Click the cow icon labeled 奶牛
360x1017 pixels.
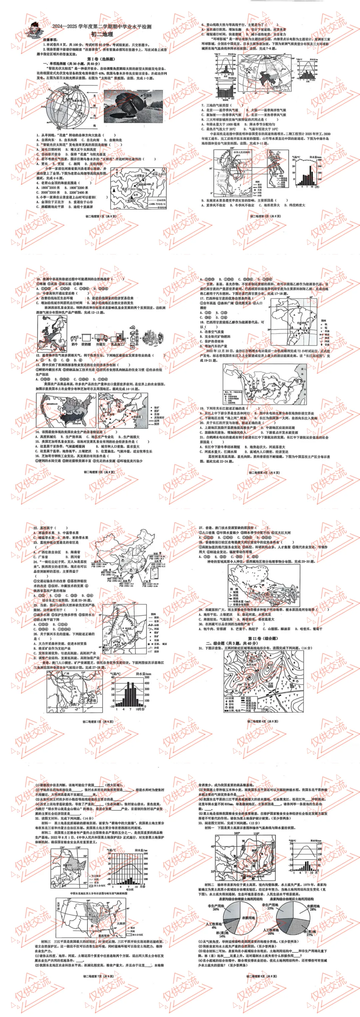(x=75, y=338)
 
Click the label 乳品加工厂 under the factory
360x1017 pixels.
(x=118, y=344)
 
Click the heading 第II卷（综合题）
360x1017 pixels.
(x=263, y=638)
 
